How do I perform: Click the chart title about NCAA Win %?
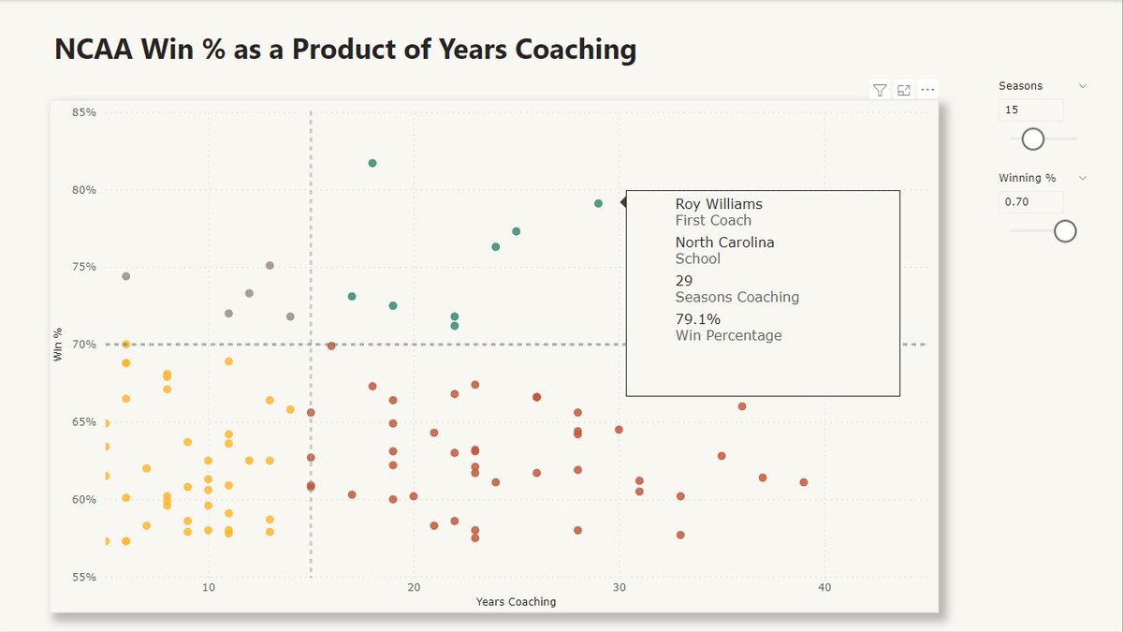click(x=345, y=50)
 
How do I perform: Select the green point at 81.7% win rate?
click(x=372, y=163)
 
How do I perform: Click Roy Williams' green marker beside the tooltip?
click(x=598, y=203)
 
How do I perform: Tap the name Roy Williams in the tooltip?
click(x=719, y=204)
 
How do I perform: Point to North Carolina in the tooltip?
click(x=725, y=243)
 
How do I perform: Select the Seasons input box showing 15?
click(x=1030, y=110)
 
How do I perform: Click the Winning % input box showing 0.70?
click(x=1030, y=202)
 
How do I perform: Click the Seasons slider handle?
click(x=1032, y=139)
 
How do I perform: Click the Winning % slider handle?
click(x=1065, y=230)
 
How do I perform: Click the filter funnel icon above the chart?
click(x=880, y=90)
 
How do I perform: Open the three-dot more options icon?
click(x=927, y=90)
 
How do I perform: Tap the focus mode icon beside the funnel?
click(x=904, y=90)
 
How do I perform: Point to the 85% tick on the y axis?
click(x=84, y=112)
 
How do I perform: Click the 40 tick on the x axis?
click(x=824, y=587)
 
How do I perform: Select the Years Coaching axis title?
click(x=516, y=602)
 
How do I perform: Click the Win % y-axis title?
click(x=58, y=345)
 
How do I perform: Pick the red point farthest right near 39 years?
click(x=804, y=482)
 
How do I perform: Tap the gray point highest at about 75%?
click(x=270, y=265)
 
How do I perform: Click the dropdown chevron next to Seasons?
click(x=1083, y=85)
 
